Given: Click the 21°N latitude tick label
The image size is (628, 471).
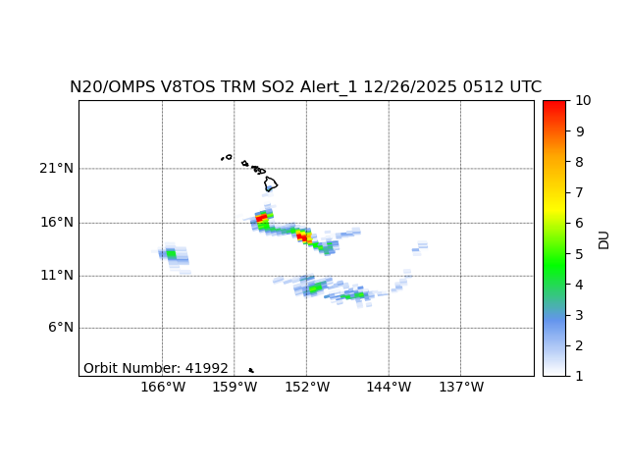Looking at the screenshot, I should (x=57, y=169).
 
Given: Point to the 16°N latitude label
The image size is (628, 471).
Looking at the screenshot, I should (x=57, y=222).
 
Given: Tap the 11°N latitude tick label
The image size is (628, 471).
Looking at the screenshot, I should (x=57, y=275).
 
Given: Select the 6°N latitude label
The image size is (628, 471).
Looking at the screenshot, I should (x=61, y=328).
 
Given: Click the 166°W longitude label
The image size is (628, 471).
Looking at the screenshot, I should (x=163, y=388).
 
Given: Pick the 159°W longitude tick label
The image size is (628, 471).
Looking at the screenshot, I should (x=235, y=388).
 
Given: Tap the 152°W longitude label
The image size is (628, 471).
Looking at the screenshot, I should (x=306, y=388).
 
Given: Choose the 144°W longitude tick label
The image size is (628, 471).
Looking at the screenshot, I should (x=389, y=388).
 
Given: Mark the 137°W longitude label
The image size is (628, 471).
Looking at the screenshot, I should (x=460, y=388).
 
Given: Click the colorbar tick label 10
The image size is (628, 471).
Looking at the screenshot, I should (x=582, y=101).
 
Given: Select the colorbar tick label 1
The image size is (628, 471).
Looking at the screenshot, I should (x=579, y=375).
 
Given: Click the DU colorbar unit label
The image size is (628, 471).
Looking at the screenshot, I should (x=603, y=238).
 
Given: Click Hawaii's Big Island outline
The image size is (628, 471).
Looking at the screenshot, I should (x=271, y=183).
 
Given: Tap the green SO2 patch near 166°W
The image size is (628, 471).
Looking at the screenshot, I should (x=171, y=254).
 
